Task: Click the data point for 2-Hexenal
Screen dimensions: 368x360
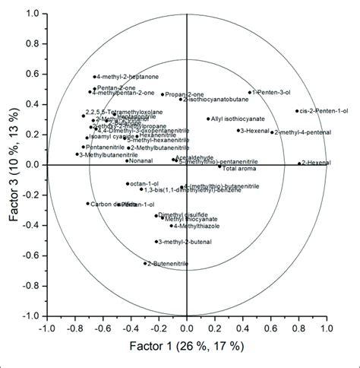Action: pos(298,163)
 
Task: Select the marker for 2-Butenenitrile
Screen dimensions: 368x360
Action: pos(146,263)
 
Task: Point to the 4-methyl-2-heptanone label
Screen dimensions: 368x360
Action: pos(123,77)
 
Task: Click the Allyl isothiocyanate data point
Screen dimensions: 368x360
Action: pos(208,119)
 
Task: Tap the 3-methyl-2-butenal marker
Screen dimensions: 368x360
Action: pos(156,242)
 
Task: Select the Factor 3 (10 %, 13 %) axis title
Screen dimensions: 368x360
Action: pos(14,164)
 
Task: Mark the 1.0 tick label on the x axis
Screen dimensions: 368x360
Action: pos(326,329)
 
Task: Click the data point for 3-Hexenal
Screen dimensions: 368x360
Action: pos(238,130)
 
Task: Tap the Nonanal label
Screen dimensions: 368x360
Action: pos(142,160)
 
